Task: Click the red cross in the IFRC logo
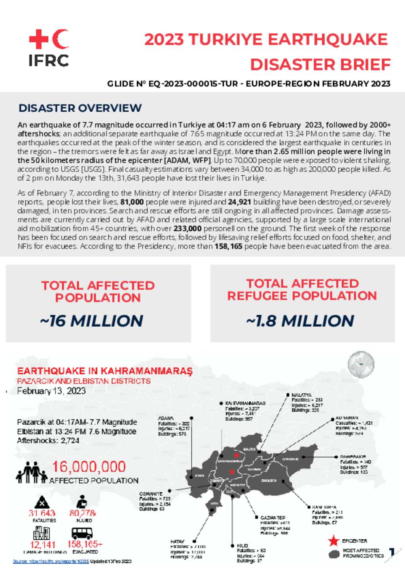[38, 39]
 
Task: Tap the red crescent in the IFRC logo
[61, 39]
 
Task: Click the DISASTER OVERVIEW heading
[80, 108]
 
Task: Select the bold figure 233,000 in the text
[187, 229]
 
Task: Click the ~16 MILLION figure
[92, 321]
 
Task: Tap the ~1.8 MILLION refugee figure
[300, 321]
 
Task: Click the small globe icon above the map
[361, 364]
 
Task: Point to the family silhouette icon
[31, 472]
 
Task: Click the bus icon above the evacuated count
[82, 533]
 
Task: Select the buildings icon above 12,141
[42, 533]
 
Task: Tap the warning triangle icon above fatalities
[42, 502]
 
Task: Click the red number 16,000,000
[89, 467]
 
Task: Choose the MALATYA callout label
[301, 395]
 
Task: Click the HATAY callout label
[177, 542]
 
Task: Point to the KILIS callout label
[242, 545]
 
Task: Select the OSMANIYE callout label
[151, 494]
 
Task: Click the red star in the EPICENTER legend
[334, 541]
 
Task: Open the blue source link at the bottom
[51, 561]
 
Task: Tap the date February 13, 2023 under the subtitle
[51, 391]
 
